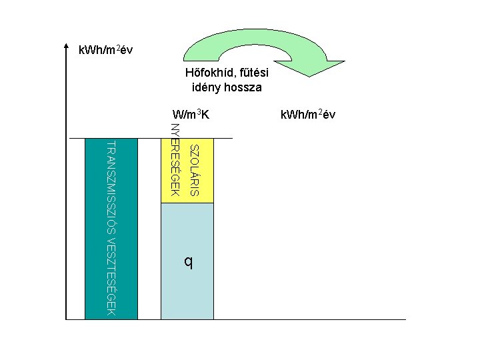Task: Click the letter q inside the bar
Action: pyautogui.click(x=189, y=262)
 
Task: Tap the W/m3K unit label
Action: pyautogui.click(x=191, y=115)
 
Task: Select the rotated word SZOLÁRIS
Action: pyautogui.click(x=194, y=169)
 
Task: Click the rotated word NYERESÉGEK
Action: pyautogui.click(x=175, y=160)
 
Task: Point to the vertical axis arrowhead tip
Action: pyautogui.click(x=67, y=45)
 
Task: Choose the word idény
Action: pyautogui.click(x=207, y=87)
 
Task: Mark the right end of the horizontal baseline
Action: pyautogui.click(x=405, y=319)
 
